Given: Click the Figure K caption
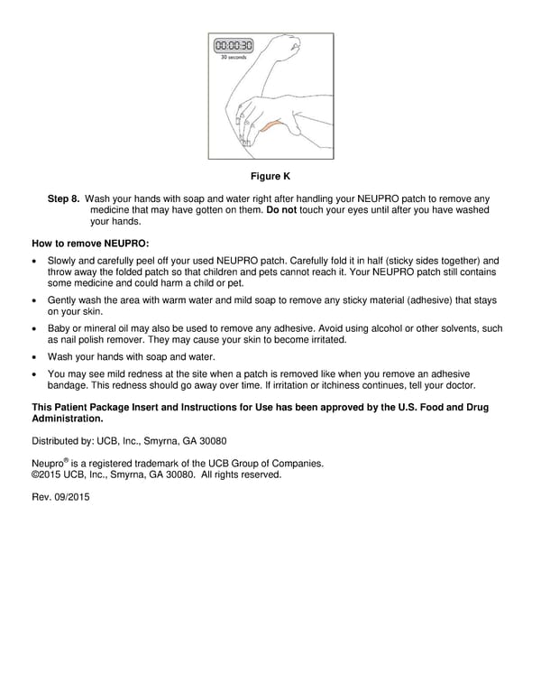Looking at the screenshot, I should coord(270,175).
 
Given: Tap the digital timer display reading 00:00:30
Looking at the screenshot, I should coord(234,45).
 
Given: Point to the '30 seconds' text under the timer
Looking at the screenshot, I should coord(234,58).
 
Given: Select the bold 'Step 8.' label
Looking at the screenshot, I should coord(63,198).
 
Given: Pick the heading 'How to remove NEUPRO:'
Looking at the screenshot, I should coord(90,244).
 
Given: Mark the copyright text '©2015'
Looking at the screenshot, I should coord(48,474).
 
